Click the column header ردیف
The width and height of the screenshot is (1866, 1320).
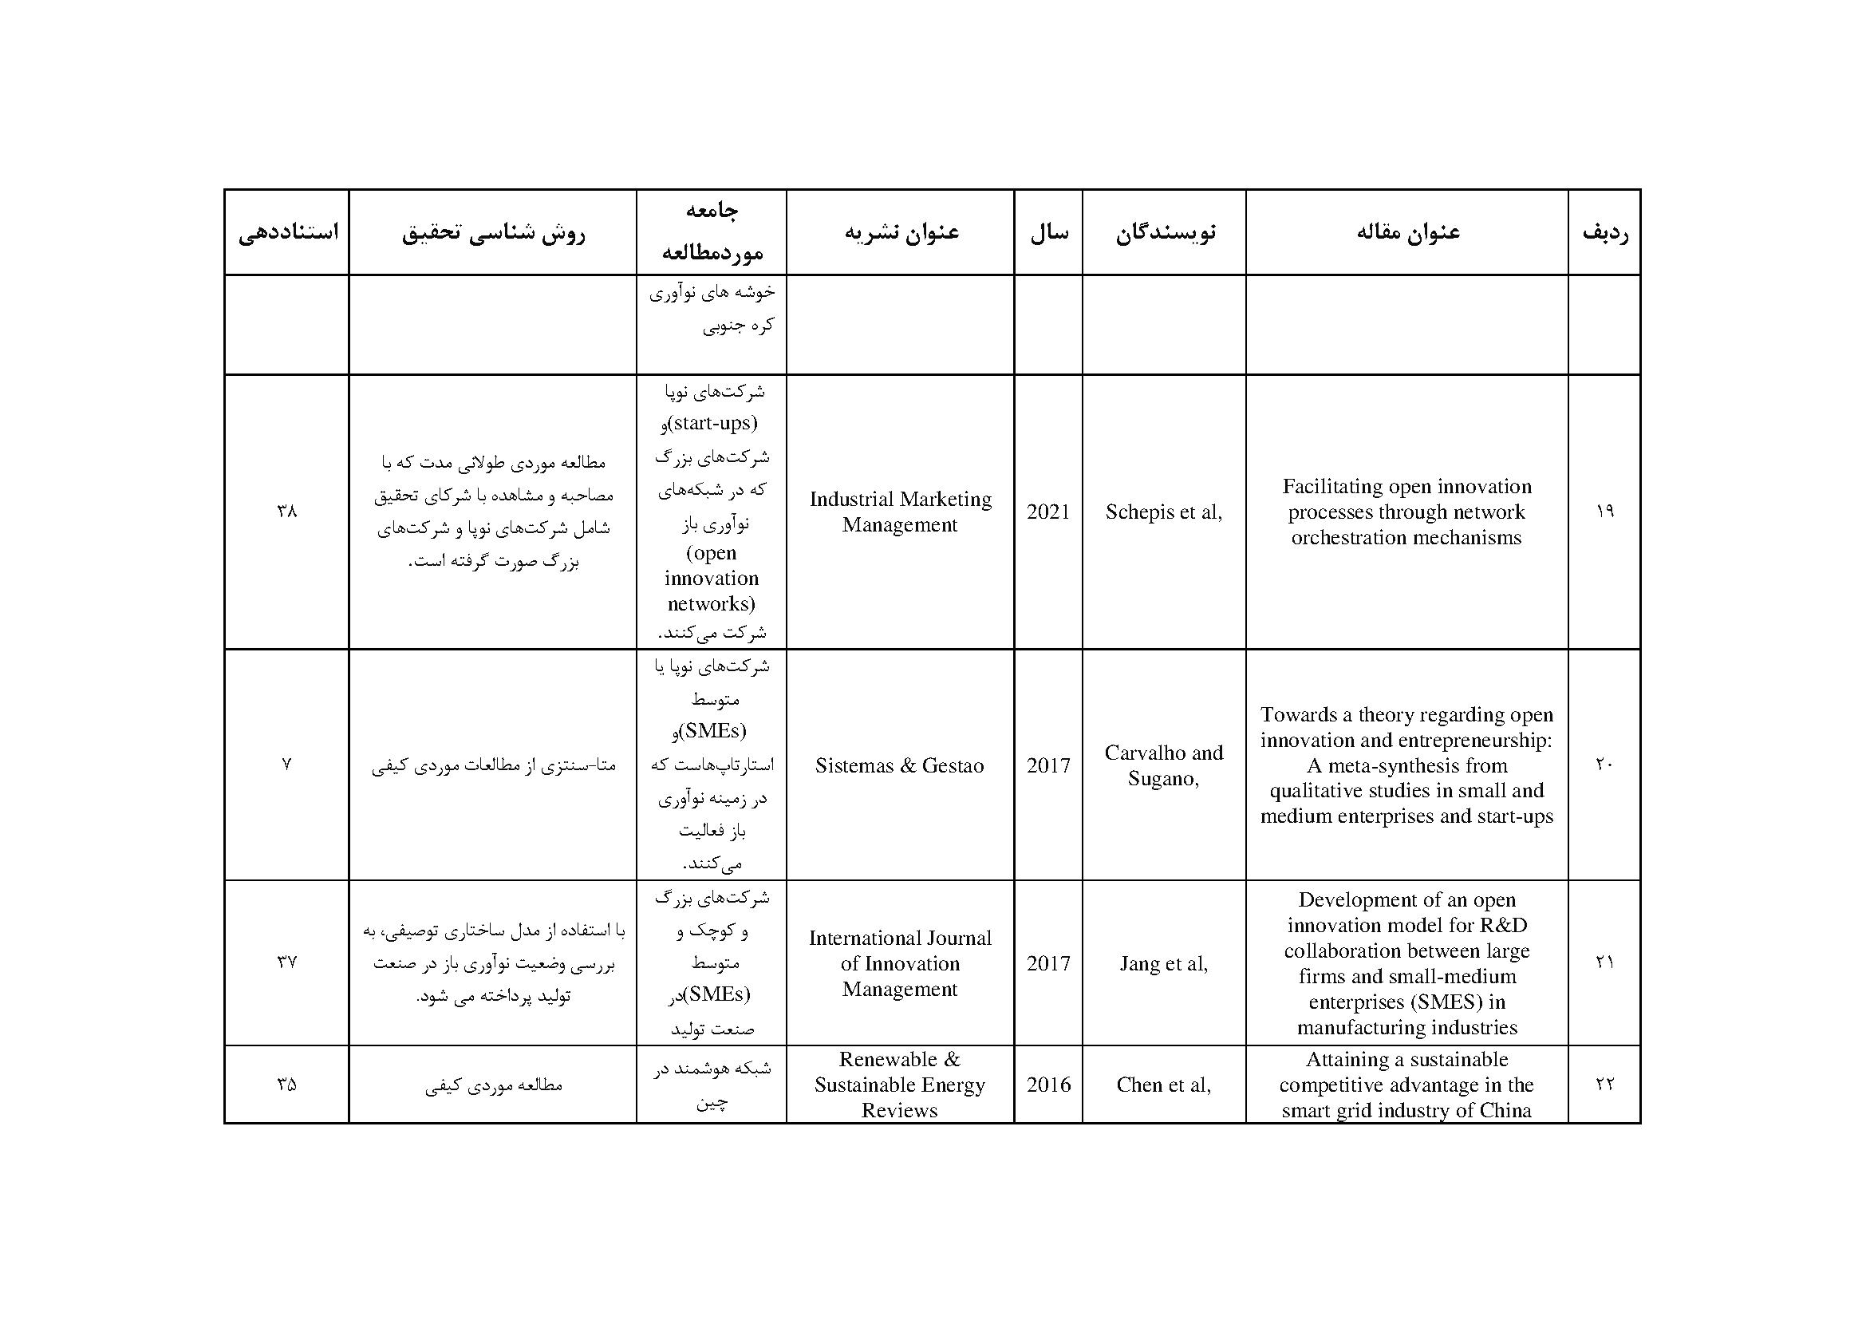tap(1604, 232)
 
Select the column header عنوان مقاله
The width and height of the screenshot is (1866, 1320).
tap(1407, 232)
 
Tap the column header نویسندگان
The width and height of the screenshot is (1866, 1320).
tap(1165, 232)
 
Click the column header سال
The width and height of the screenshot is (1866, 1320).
tap(1049, 232)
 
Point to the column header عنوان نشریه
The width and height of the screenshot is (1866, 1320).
tap(901, 232)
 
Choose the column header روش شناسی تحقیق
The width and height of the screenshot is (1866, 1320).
tap(492, 232)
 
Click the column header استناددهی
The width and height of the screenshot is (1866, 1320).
tap(287, 232)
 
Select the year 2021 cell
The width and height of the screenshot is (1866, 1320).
tap(1048, 512)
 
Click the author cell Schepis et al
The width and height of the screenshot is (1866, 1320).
tap(1163, 512)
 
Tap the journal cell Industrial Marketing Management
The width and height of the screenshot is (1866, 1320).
tap(901, 512)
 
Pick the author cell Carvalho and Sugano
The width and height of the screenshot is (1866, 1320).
tap(1164, 765)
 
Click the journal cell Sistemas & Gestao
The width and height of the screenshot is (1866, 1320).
tap(900, 765)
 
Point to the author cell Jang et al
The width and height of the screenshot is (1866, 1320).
tap(1163, 964)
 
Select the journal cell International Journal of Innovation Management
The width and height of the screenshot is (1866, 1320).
tap(900, 963)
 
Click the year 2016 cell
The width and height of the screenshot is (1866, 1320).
tap(1048, 1085)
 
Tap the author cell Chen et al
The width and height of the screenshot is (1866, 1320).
tap(1163, 1085)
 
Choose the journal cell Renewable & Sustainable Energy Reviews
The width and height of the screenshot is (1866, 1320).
tap(900, 1085)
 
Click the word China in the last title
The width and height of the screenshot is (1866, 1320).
tap(1505, 1110)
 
